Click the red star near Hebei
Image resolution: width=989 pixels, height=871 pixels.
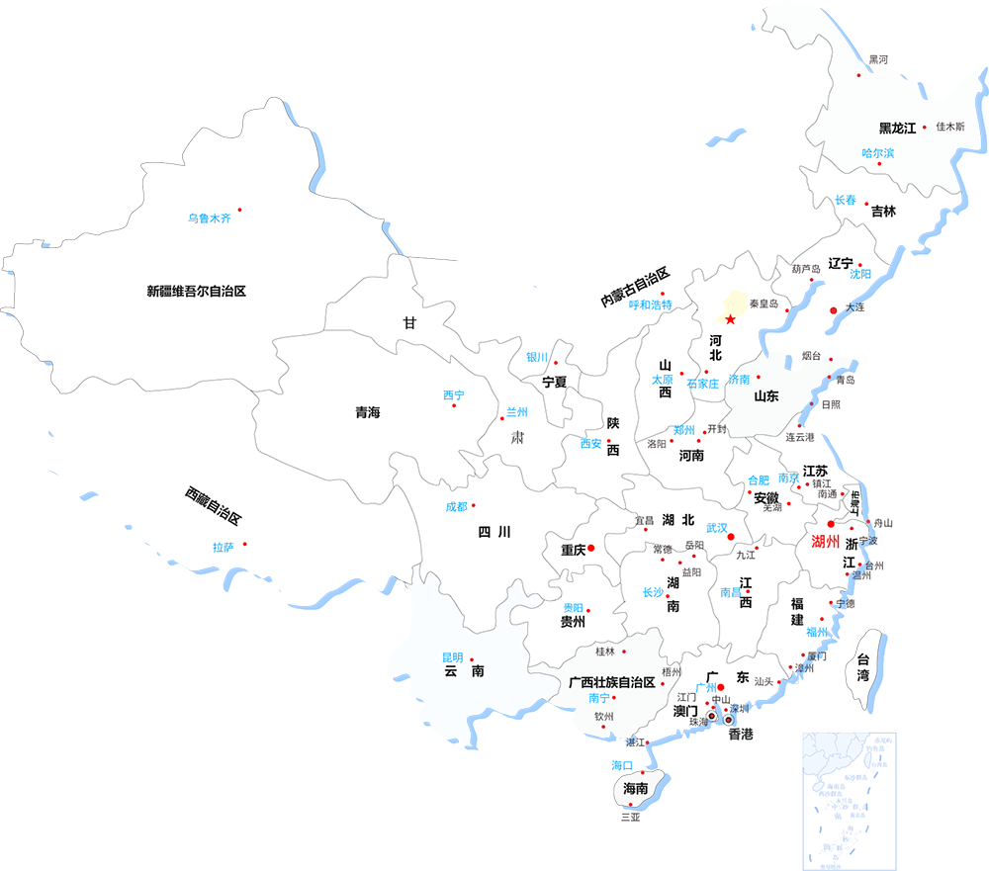730,318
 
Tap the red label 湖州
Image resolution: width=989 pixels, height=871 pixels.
826,542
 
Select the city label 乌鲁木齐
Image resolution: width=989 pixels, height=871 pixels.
209,218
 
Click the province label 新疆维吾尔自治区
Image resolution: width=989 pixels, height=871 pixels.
196,291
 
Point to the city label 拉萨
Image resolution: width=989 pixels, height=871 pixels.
223,547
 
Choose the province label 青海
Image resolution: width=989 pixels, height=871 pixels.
368,412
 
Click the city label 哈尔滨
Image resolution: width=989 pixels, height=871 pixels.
877,153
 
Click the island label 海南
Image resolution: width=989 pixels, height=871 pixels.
635,789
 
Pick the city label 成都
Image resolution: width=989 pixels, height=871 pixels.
456,507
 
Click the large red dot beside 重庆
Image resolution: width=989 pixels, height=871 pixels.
590,548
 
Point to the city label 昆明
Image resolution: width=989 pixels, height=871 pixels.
452,657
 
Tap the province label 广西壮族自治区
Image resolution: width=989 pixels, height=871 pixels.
613,682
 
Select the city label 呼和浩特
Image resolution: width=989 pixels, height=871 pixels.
650,305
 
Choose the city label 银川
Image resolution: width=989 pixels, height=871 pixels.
537,358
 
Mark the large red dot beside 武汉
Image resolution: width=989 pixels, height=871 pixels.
732,537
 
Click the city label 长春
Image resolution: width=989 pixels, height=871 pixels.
846,200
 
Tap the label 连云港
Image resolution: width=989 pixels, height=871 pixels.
800,437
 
